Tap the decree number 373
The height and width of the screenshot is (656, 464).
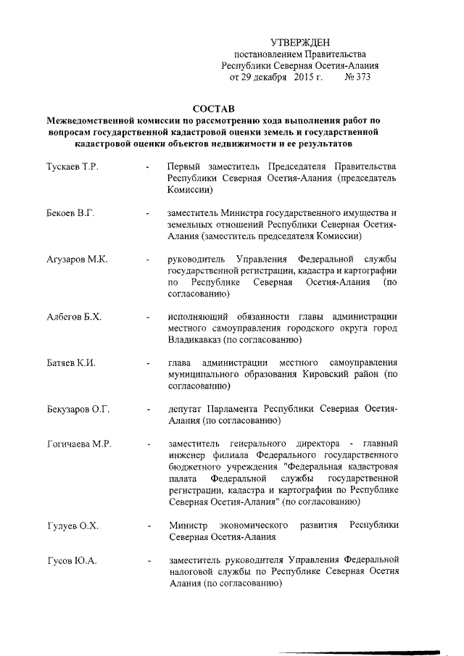click(x=360, y=77)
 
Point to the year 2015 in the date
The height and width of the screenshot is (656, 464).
click(x=303, y=77)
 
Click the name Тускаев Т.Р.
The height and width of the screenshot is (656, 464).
click(x=72, y=167)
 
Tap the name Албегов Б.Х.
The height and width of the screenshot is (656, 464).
click(x=74, y=317)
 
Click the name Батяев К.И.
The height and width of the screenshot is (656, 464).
click(x=71, y=362)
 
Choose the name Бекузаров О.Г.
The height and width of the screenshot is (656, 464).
click(x=78, y=409)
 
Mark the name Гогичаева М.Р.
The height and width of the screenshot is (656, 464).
click(x=79, y=443)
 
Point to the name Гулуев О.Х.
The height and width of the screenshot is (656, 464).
click(x=72, y=524)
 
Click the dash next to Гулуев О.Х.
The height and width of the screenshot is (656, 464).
click(x=147, y=525)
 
